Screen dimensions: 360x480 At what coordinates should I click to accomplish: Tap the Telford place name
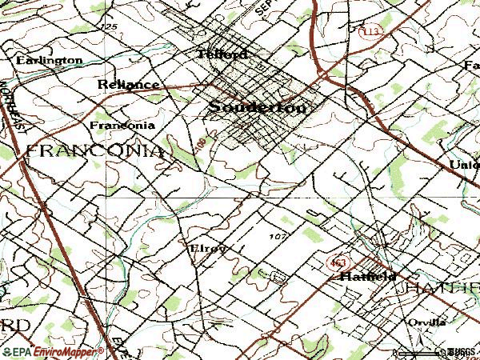click(223, 54)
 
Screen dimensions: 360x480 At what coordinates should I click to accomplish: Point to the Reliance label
click(127, 83)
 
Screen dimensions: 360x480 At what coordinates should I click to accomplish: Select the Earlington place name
click(49, 60)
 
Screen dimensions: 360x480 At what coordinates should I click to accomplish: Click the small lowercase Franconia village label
click(122, 126)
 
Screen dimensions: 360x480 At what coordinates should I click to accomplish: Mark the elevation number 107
click(278, 236)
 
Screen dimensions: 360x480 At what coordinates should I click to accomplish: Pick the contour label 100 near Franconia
click(198, 144)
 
